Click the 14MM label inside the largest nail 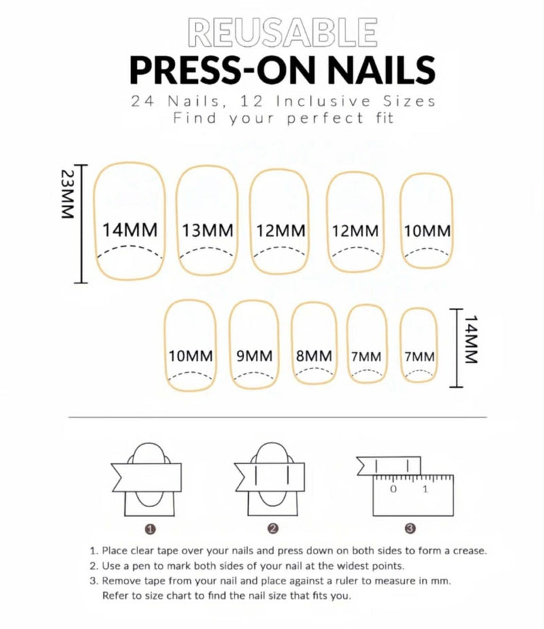tap(130, 230)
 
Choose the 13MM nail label tap(207, 230)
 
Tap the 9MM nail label tap(254, 356)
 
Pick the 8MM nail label tap(314, 356)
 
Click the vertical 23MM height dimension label tap(66, 194)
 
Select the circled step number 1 tap(150, 528)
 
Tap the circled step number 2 tap(273, 528)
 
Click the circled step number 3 tap(410, 528)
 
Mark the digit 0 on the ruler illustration tap(393, 489)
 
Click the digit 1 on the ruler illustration tap(425, 489)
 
